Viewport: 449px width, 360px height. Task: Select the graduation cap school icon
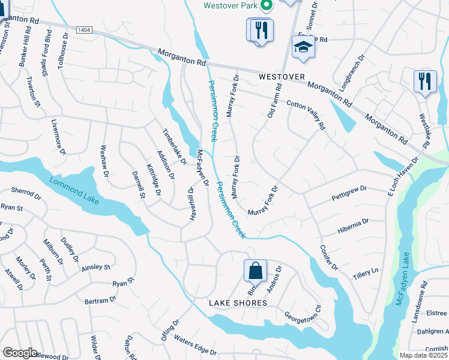coord(304,49)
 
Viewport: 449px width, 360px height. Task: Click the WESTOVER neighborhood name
coord(282,77)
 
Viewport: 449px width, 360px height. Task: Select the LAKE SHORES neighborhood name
coord(238,303)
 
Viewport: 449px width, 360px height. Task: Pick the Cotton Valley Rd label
coord(306,115)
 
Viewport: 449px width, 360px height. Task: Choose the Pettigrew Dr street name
coord(349,194)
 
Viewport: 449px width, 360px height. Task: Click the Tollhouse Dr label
coord(63,49)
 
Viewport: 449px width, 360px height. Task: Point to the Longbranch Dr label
coord(352,74)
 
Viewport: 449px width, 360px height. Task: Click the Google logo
coord(20,353)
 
